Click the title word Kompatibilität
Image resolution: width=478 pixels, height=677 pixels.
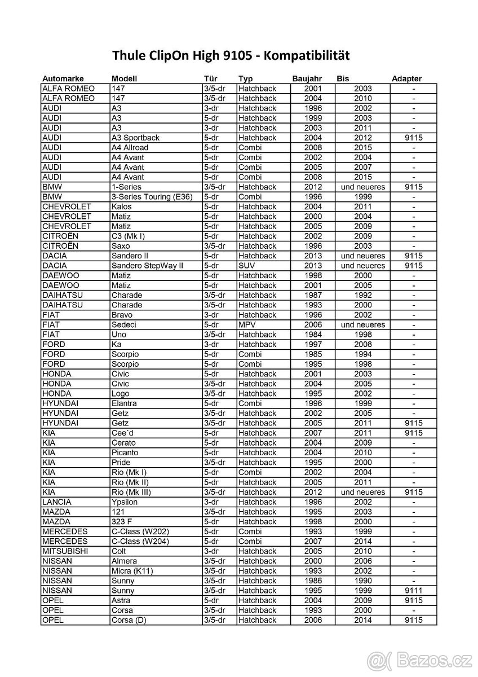[x=307, y=55]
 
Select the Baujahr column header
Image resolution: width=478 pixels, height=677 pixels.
[x=306, y=79]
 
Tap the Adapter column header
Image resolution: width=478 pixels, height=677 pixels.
[x=406, y=79]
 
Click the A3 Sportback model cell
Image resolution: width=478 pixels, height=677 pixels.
[x=135, y=138]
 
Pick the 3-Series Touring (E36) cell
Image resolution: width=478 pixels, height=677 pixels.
[x=152, y=197]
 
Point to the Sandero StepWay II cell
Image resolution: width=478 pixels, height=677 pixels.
[x=147, y=266]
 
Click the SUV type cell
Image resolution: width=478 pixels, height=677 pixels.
[x=247, y=266]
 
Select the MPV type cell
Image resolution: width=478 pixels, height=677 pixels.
[x=247, y=324]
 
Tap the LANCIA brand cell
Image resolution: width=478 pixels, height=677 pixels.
[x=57, y=502]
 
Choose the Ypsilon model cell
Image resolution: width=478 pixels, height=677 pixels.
[x=125, y=502]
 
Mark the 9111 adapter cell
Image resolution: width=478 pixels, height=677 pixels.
[x=414, y=590]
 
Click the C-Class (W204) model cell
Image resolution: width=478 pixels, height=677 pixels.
[x=140, y=541]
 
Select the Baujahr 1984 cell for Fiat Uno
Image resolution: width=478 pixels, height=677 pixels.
[x=313, y=335]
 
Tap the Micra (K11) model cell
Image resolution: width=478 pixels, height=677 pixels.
[x=132, y=570]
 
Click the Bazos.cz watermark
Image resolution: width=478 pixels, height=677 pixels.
[x=421, y=659]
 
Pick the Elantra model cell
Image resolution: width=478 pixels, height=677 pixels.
[x=125, y=403]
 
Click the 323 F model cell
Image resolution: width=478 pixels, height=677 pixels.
[x=122, y=521]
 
